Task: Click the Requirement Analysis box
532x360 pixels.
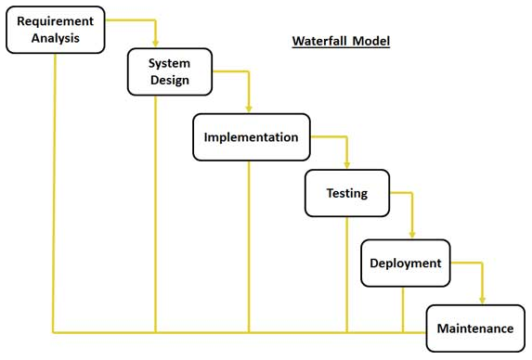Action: click(56, 30)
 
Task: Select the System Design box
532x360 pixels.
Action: click(170, 71)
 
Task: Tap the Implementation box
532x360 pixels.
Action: click(251, 137)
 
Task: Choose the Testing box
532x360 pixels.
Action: click(347, 193)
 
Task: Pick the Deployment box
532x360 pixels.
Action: click(406, 264)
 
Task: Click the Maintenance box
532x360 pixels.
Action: click(475, 328)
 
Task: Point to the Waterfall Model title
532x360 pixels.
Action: click(341, 41)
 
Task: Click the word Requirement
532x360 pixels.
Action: click(56, 21)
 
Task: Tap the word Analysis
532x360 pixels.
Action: click(56, 38)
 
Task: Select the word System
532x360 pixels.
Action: click(169, 63)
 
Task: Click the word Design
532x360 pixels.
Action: click(170, 80)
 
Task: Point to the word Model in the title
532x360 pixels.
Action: click(371, 41)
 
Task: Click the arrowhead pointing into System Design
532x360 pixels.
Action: click(155, 44)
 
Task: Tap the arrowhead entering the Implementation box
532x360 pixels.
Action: click(249, 109)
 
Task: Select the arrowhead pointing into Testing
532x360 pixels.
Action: click(346, 165)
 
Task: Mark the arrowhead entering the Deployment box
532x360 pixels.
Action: click(412, 235)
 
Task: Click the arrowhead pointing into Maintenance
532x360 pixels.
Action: click(483, 301)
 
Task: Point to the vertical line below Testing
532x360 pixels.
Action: click(346, 275)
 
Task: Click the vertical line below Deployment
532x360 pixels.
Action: click(403, 310)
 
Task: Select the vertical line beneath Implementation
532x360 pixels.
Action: click(249, 247)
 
